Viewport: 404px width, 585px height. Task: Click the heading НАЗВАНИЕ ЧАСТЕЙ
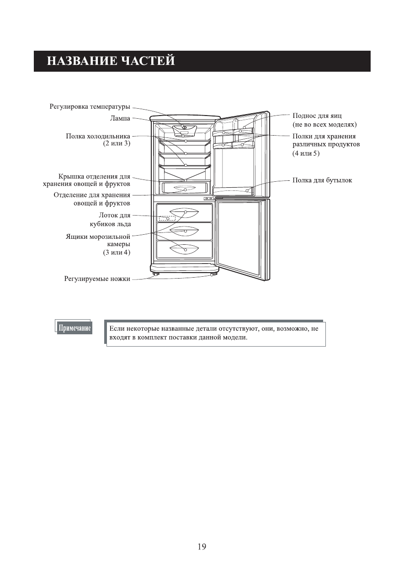pos(111,61)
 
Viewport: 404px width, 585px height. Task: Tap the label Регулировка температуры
pos(90,107)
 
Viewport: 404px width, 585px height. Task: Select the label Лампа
pos(120,118)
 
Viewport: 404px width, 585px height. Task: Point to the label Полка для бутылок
pos(322,180)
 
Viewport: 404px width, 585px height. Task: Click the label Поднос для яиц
pos(317,116)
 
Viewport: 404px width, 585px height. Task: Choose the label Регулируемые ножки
pos(97,279)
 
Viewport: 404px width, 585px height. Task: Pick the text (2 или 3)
pos(117,143)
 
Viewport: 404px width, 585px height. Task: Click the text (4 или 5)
pos(306,153)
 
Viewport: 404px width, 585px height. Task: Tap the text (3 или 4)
pos(117,253)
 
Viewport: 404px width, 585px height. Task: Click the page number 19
pos(202,546)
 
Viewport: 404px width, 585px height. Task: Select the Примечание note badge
pos(74,328)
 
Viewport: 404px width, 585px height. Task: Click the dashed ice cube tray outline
pos(167,218)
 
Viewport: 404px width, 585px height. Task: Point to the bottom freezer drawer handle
pos(184,249)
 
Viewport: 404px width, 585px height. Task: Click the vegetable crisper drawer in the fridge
pos(185,188)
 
